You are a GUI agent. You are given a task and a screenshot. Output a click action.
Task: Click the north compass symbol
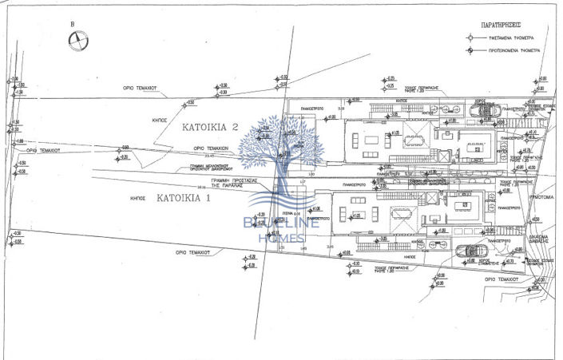point(78,42)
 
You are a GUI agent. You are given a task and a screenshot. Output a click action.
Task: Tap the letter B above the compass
point(73,24)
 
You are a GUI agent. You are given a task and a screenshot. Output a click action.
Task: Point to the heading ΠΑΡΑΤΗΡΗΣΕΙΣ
point(500,25)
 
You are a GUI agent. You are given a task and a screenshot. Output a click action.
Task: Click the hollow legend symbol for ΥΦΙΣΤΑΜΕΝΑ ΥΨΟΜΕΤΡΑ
point(472,38)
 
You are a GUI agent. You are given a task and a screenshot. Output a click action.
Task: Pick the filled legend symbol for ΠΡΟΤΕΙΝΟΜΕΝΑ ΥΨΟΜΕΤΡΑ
point(472,50)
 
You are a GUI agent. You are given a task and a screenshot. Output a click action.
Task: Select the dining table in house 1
point(399,214)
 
